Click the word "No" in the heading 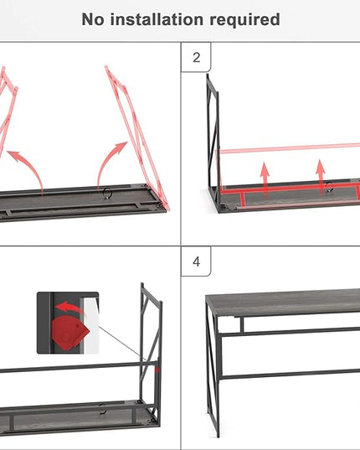click(x=92, y=19)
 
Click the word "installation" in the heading click(x=157, y=19)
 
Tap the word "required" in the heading click(x=244, y=20)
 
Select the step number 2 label click(x=197, y=57)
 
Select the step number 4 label click(x=197, y=261)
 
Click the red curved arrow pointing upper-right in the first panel click(x=106, y=162)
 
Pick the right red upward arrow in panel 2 click(x=321, y=175)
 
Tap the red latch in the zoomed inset click(x=70, y=333)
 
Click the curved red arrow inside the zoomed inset click(x=69, y=308)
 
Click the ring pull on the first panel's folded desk click(x=107, y=193)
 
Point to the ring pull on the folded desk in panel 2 click(x=330, y=187)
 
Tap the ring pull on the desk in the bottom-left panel click(x=102, y=409)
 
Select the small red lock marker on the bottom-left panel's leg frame click(x=157, y=370)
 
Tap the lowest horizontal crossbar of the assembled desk click(x=290, y=374)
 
